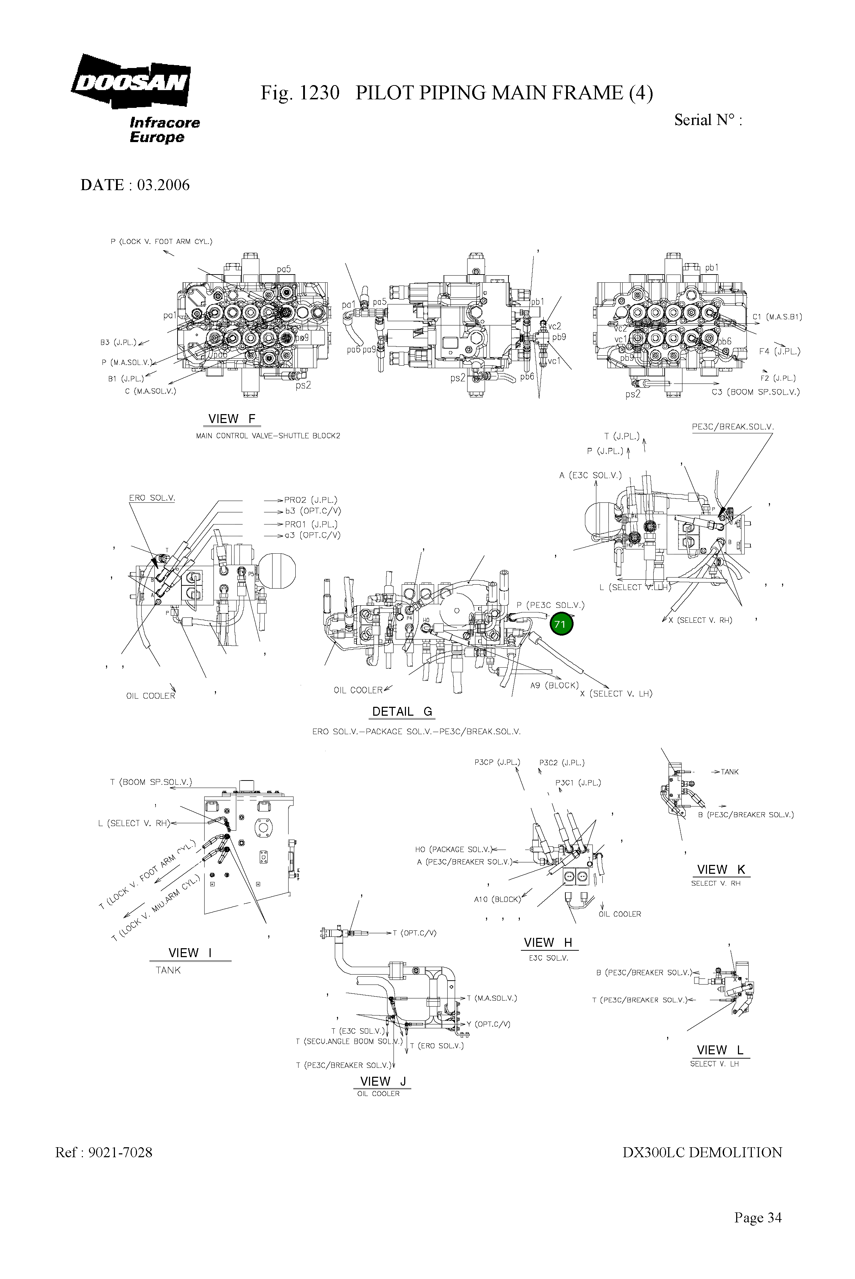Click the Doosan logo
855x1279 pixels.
[x=131, y=82]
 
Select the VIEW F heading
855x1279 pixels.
[x=232, y=419]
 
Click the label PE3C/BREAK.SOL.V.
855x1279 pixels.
[x=732, y=427]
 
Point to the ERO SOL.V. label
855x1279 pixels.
[x=152, y=498]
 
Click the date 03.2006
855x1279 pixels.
[x=163, y=185]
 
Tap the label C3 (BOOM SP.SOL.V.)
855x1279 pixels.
[x=755, y=392]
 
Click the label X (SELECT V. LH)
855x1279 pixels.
[x=616, y=694]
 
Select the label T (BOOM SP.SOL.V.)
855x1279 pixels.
[x=151, y=782]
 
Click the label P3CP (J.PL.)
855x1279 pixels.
[x=497, y=762]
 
